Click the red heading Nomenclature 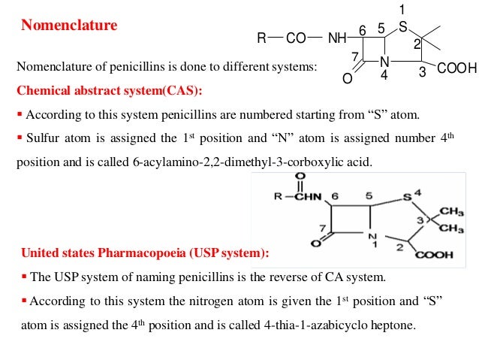click(x=69, y=26)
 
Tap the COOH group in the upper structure click(x=456, y=70)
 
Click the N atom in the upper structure click(x=384, y=62)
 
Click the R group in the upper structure click(x=262, y=38)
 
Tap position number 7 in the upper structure click(x=355, y=57)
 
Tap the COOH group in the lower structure click(x=435, y=255)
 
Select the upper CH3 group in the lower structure click(x=452, y=210)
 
